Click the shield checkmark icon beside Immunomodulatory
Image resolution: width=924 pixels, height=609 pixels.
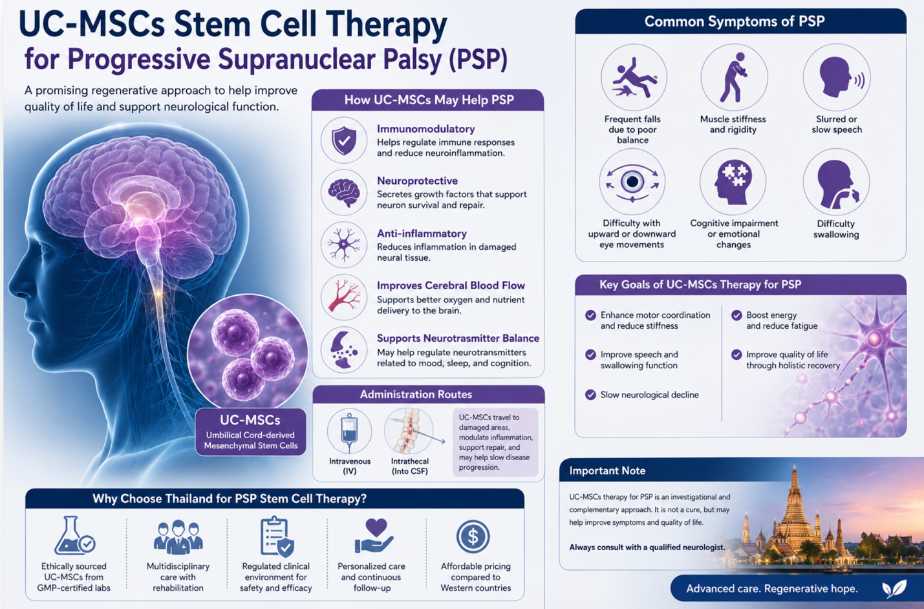pyautogui.click(x=344, y=140)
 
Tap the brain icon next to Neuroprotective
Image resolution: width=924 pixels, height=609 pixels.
pyautogui.click(x=344, y=193)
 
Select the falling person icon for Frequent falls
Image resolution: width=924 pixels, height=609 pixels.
pyautogui.click(x=633, y=78)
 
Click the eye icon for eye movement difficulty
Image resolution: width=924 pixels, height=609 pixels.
pyautogui.click(x=632, y=182)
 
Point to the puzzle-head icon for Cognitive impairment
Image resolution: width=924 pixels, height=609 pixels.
pyautogui.click(x=735, y=182)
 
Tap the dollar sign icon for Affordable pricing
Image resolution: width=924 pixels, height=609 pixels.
pyautogui.click(x=473, y=537)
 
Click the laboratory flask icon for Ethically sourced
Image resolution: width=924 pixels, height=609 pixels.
pyautogui.click(x=74, y=535)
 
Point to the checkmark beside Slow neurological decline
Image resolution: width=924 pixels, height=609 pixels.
pyautogui.click(x=591, y=395)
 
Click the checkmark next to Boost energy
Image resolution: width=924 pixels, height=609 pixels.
pyautogui.click(x=736, y=315)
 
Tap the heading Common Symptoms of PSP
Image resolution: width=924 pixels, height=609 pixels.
pyautogui.click(x=735, y=21)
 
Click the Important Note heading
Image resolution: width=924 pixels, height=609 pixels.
pyautogui.click(x=607, y=471)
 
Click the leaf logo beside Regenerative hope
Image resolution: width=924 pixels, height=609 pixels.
pyautogui.click(x=894, y=589)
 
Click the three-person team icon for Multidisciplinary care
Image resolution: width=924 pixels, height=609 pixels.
pyautogui.click(x=178, y=537)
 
